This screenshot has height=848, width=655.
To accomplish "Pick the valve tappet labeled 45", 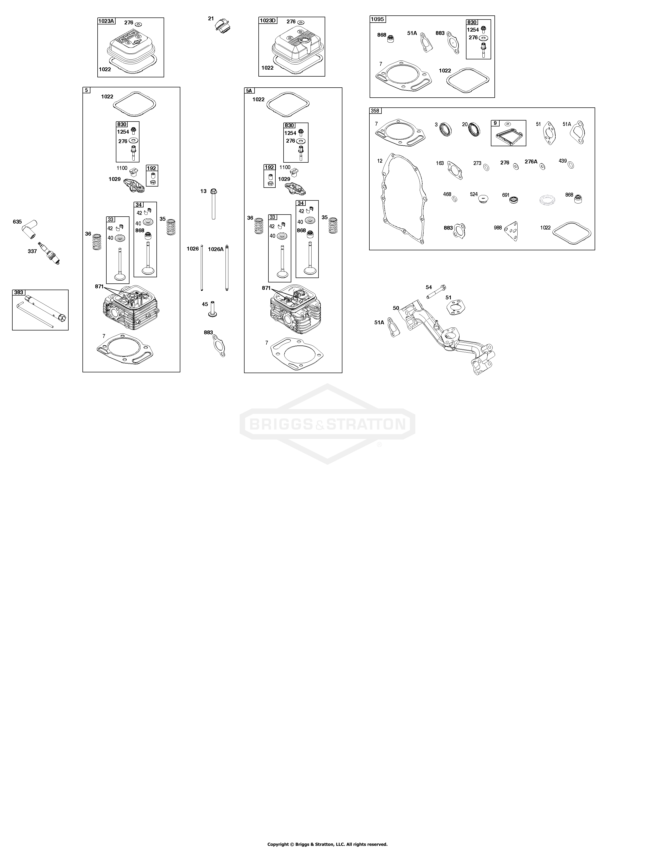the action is click(212, 309).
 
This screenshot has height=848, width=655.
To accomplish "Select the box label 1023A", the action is click(106, 21).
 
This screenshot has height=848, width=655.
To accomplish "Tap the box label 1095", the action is click(378, 19).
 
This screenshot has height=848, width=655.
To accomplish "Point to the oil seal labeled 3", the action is click(446, 129).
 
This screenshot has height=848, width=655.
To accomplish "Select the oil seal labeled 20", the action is click(474, 129).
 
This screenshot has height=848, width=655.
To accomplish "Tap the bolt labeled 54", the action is click(436, 292).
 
